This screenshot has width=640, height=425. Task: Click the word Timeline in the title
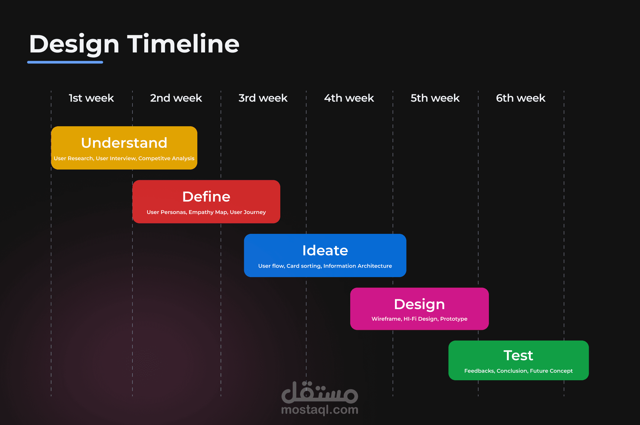[x=183, y=44]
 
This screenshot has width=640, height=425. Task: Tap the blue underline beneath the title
[x=65, y=62]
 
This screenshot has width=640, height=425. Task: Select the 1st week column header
[x=91, y=98]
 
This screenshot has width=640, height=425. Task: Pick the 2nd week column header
[x=176, y=98]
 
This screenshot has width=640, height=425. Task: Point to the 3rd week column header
[x=263, y=98]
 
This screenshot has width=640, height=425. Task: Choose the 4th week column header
[x=349, y=98]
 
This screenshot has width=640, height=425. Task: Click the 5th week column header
[x=435, y=98]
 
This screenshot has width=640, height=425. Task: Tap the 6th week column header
[x=521, y=98]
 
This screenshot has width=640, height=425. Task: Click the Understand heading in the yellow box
[x=124, y=143]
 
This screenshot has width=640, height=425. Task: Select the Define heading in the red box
[x=206, y=196]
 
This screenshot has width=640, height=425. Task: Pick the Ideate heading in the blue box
[x=325, y=250]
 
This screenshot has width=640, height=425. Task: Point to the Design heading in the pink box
[x=419, y=305]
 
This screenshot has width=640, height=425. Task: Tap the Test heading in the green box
[x=519, y=355]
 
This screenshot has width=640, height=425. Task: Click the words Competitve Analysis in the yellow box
[x=166, y=159]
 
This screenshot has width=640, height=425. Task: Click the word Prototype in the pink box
[x=454, y=319]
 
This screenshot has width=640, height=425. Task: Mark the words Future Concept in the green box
[x=551, y=371]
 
